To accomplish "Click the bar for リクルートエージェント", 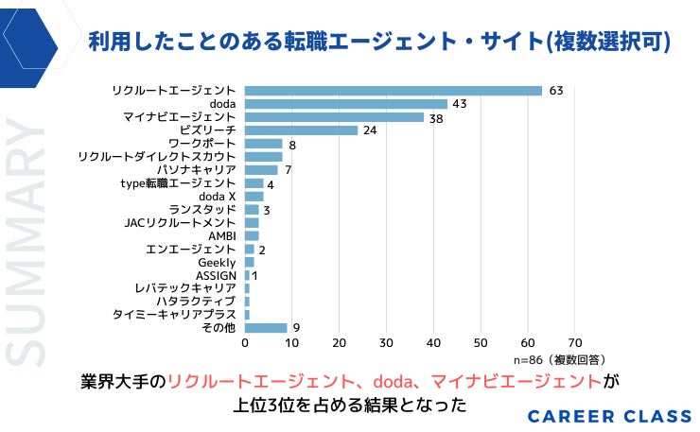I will pos(393,91).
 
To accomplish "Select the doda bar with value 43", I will pos(345,104).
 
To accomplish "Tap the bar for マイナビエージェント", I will pos(334,117).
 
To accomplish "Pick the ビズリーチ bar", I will pos(301,130).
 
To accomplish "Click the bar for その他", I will pos(266,328).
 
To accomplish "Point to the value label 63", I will pos(556,91).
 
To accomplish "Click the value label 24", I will pos(371,130).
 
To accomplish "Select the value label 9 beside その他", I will pos(296,328).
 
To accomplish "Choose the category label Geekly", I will pos(217,262).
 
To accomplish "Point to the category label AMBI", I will pos(221,235).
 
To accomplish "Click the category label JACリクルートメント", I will pos(180,222).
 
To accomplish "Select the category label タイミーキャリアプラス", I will pos(174,315).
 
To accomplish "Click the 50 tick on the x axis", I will pos(481,343).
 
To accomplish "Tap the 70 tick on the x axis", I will pos(574,343).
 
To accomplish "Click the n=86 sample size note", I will pos(559,360).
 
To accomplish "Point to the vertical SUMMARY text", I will pos(26,241).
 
